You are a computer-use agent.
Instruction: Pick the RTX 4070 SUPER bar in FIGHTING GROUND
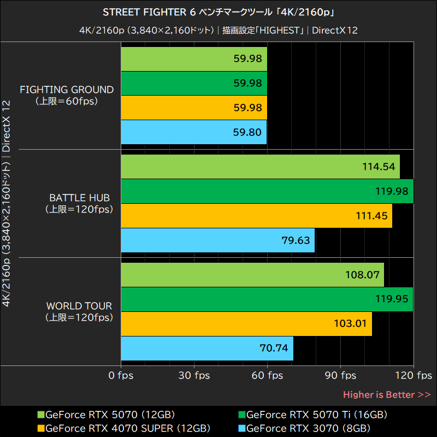coord(193,108)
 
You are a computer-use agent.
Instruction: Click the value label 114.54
coord(378,167)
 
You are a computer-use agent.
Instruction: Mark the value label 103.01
coord(350,323)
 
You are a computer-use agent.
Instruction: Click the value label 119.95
coord(392,299)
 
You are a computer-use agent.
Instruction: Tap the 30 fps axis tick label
coord(194,375)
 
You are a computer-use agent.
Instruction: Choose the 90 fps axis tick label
coord(340,375)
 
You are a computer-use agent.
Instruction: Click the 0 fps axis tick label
coord(121,375)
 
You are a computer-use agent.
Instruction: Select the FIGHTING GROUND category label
coord(67,95)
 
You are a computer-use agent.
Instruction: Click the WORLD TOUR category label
coord(79,311)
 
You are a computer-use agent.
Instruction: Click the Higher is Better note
coord(387,394)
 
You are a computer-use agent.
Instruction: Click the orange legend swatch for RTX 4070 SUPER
coord(41,428)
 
